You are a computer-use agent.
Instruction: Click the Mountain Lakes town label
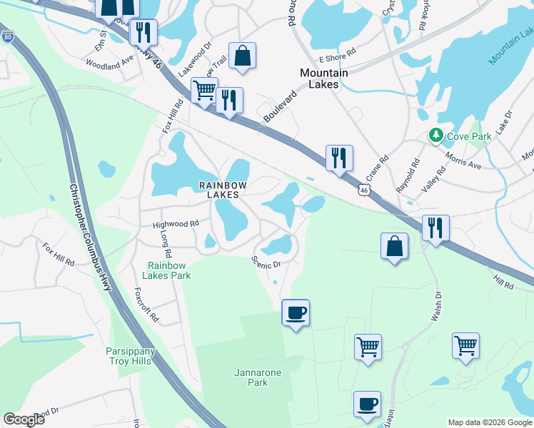(x=323, y=78)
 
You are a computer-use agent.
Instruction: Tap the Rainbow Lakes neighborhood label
(x=222, y=190)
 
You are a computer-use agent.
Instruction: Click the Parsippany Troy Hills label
(x=136, y=357)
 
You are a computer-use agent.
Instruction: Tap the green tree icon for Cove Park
(x=435, y=135)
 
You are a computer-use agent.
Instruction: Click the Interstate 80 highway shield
(x=6, y=36)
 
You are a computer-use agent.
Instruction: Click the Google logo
(x=24, y=419)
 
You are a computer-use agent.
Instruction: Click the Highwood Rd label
(x=176, y=224)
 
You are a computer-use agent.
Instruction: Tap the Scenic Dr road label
(x=267, y=263)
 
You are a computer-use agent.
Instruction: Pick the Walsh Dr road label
(x=437, y=305)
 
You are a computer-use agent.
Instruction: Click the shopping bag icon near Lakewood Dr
(x=242, y=56)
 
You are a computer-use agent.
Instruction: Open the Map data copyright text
(x=490, y=422)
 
